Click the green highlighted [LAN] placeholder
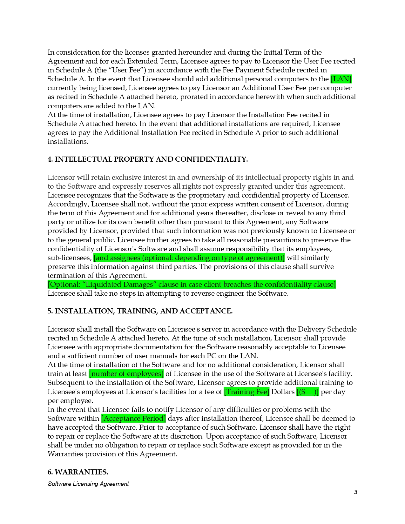341,79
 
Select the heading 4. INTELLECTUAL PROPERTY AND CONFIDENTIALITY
147,159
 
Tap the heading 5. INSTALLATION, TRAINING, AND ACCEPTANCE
140,311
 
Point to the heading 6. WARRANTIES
78,472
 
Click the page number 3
355,492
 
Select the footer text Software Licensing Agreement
88,484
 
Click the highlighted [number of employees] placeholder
126,373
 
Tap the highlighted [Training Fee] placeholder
246,392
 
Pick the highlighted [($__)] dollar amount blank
307,392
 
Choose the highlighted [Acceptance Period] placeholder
133,418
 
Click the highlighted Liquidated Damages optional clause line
192,284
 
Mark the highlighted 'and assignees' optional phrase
189,258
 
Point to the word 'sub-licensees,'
70,258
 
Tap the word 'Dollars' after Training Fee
283,392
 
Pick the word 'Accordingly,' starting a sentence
68,204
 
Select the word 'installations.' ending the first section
68,141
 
